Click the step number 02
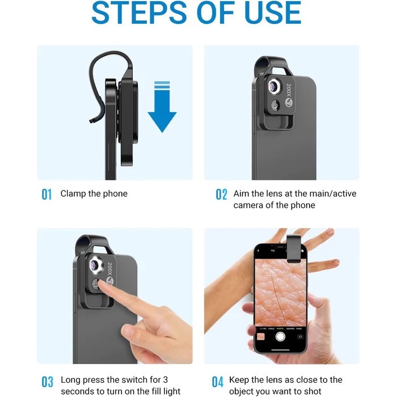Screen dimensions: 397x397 (x=221, y=195)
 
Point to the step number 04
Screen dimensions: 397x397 (x=218, y=381)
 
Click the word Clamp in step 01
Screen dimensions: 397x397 (x=73, y=194)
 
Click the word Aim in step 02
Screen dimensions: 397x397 (x=242, y=194)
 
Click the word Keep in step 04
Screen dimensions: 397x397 (x=238, y=380)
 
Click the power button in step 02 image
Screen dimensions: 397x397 (x=274, y=105)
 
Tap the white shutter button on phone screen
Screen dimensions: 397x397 (x=280, y=336)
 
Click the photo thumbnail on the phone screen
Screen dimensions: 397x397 (x=261, y=336)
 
